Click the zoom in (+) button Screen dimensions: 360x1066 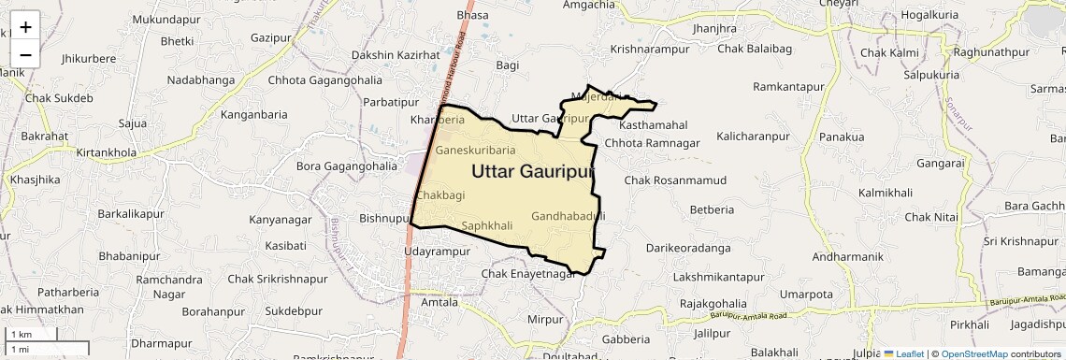pyautogui.click(x=25, y=26)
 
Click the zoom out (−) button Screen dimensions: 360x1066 pyautogui.click(x=25, y=54)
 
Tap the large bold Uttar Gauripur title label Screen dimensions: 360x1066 pyautogui.click(x=533, y=172)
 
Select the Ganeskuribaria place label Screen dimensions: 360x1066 pyautogui.click(x=476, y=150)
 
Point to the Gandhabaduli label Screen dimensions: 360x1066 pyautogui.click(x=569, y=216)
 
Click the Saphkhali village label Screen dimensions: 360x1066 pyautogui.click(x=487, y=225)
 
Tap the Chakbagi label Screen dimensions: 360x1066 pyautogui.click(x=440, y=194)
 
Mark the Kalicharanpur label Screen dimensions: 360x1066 pyautogui.click(x=753, y=137)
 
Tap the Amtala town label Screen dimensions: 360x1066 pyautogui.click(x=439, y=302)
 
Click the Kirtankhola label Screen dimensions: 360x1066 pyautogui.click(x=106, y=152)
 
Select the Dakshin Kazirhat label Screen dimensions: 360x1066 pyautogui.click(x=396, y=55)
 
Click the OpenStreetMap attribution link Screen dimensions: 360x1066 pyautogui.click(x=973, y=353)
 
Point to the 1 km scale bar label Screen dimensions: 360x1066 pyautogui.click(x=21, y=335)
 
